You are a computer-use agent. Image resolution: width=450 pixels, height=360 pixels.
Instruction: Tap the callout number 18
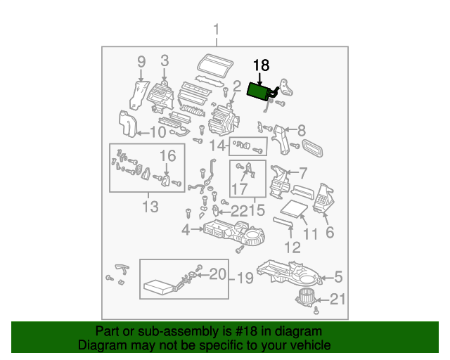(x=261, y=66)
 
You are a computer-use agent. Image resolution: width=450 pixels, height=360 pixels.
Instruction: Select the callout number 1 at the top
(x=217, y=30)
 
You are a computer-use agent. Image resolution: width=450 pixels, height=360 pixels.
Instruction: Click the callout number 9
(x=141, y=61)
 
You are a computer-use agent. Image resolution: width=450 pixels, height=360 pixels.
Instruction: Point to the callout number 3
(x=165, y=61)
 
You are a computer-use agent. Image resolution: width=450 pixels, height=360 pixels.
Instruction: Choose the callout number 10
(x=157, y=131)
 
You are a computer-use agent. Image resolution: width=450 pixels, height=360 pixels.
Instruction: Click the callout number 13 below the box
(x=150, y=207)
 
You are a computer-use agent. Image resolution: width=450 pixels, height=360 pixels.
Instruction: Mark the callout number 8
(x=302, y=130)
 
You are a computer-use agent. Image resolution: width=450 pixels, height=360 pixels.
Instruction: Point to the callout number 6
(x=328, y=233)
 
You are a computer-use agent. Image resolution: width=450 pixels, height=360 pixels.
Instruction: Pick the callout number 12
(x=292, y=247)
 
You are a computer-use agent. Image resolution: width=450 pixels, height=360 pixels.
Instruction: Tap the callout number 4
(x=186, y=229)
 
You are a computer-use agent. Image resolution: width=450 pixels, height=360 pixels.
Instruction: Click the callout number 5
(x=337, y=276)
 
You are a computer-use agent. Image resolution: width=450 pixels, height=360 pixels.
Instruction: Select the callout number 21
(x=338, y=300)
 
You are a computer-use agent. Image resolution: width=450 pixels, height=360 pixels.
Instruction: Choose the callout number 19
(x=244, y=279)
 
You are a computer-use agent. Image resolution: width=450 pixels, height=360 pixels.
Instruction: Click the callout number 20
(x=219, y=274)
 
